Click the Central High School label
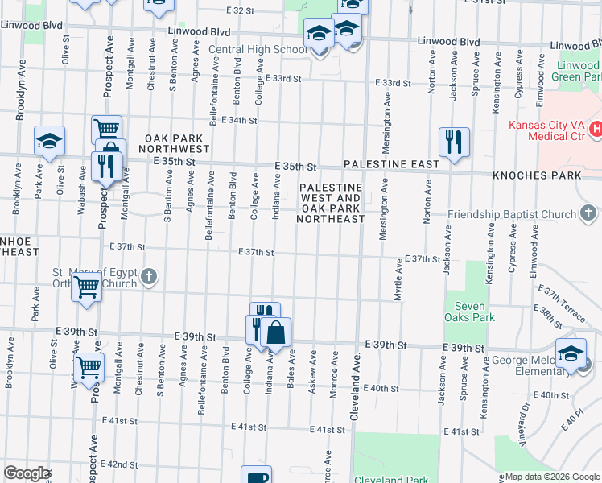pos(257,50)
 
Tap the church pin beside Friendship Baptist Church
pos(588,213)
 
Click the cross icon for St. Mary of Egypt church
pos(148,278)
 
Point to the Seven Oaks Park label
pos(469,312)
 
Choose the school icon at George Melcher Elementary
pos(571,354)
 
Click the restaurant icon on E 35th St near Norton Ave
pos(454,142)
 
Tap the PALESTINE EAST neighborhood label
pos(391,164)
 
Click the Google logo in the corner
pos(27,473)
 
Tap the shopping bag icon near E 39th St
pos(275,332)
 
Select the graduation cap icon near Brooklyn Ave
pos(49,141)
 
